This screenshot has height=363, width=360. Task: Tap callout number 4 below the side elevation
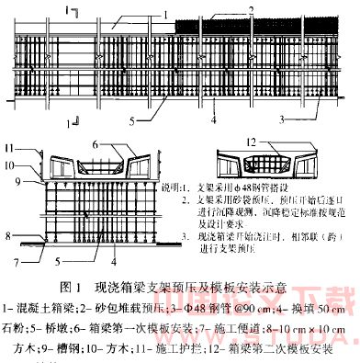click(213, 120)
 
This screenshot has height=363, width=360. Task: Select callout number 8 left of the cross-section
click(10, 235)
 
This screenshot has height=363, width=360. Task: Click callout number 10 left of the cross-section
click(10, 165)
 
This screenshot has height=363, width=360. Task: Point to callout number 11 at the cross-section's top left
click(10, 148)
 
